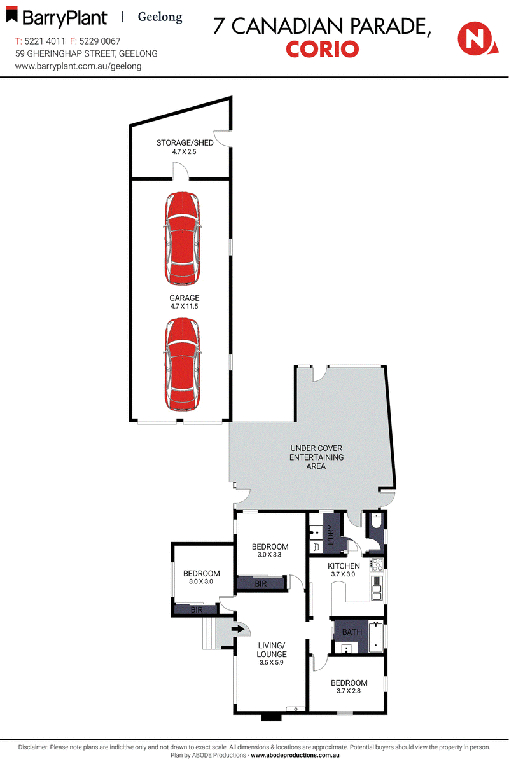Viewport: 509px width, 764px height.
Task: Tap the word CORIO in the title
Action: (323, 49)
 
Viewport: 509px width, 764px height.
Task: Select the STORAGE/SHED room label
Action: (185, 142)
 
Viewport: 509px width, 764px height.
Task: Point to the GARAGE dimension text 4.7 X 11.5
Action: (185, 307)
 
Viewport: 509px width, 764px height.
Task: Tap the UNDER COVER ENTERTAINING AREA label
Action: (316, 457)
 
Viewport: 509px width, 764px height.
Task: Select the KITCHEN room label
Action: (344, 566)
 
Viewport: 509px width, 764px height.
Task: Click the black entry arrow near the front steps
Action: (239, 630)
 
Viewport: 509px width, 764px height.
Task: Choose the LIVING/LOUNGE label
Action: (272, 649)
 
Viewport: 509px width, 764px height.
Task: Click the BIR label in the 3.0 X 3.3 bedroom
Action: (261, 583)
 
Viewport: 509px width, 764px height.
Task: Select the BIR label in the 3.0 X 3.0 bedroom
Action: (197, 610)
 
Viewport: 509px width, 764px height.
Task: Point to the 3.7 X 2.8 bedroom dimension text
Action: (349, 692)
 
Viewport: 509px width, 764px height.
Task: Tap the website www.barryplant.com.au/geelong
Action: (78, 66)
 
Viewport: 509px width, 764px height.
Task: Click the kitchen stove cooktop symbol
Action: (375, 563)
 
